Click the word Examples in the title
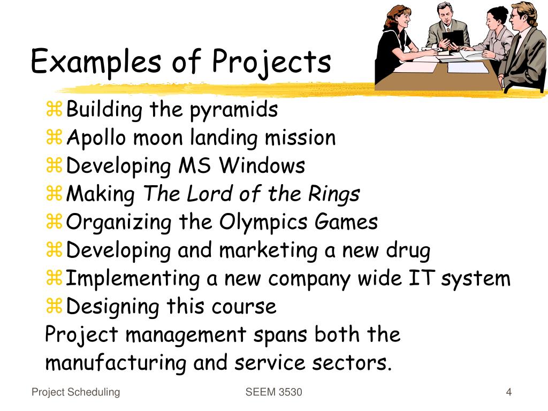coord(95,62)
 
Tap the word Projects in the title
coord(271,62)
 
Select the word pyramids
coord(233,110)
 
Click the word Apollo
coord(96,138)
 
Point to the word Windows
coord(263,166)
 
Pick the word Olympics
coord(249,222)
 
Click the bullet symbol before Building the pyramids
coord(54,111)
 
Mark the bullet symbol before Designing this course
coord(54,307)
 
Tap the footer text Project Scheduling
coord(75,392)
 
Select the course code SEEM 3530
coord(273,392)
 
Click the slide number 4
coord(509,392)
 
